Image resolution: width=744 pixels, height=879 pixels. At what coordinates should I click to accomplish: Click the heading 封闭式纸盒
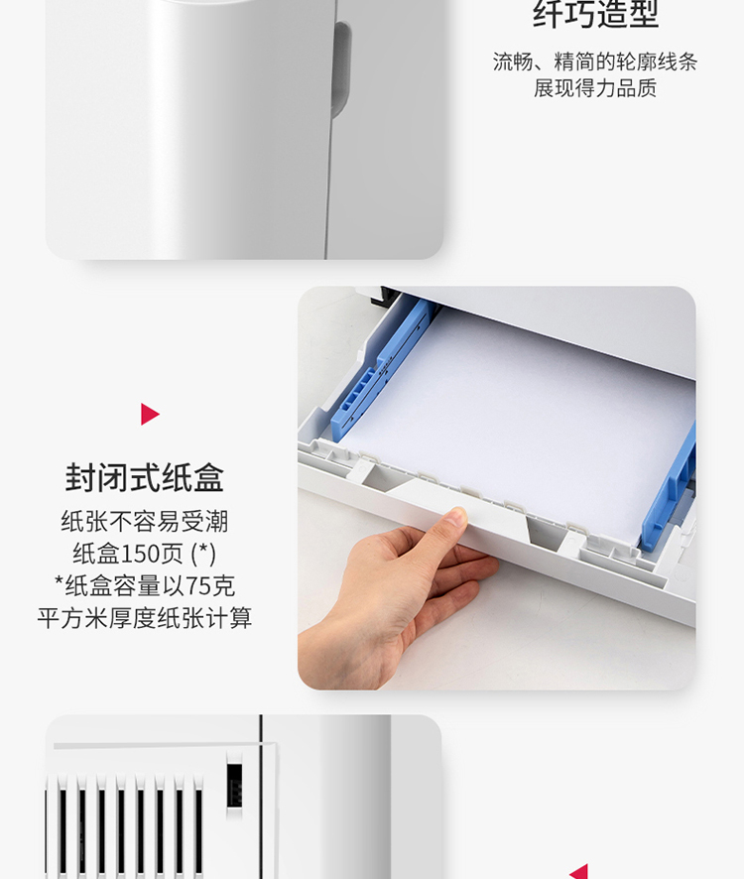pos(145,477)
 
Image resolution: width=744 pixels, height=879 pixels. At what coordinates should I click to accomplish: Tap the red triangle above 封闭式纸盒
pos(150,415)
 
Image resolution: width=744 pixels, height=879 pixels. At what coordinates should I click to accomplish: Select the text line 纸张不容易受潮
pos(145,521)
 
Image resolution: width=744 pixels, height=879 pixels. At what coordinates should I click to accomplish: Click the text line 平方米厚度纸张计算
pos(145,618)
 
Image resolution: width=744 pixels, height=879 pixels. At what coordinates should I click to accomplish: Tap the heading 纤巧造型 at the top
pos(595,14)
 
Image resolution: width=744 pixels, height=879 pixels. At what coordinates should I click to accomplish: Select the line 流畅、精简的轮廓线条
pos(595,62)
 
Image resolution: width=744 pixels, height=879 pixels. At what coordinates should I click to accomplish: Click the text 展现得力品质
pos(595,88)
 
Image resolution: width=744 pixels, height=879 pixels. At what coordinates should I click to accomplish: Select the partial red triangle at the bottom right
pos(581,872)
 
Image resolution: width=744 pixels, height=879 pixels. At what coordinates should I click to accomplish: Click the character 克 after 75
pos(224,586)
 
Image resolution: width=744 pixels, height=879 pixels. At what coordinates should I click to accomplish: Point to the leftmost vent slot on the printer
pos(62,829)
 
